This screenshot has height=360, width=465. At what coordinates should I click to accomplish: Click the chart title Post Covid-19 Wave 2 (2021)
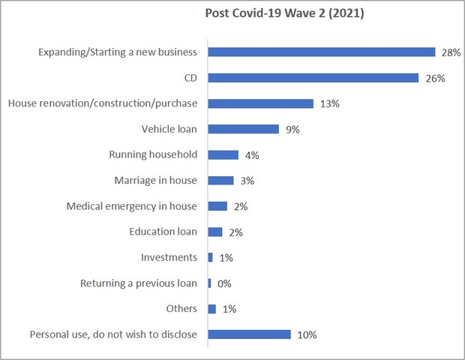[284, 14]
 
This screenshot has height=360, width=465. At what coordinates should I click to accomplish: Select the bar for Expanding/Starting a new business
[321, 52]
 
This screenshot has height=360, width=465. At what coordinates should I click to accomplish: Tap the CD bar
[313, 78]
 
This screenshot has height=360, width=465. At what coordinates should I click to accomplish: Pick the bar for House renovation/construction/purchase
[260, 103]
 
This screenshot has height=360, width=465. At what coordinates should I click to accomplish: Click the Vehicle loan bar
[243, 129]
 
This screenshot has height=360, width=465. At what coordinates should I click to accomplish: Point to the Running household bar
[223, 155]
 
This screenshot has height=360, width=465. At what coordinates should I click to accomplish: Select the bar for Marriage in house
[220, 181]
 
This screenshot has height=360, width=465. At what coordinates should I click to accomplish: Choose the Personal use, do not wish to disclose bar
[249, 334]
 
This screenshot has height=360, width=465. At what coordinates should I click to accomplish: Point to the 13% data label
[328, 103]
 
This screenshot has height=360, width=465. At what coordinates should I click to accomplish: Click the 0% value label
[223, 283]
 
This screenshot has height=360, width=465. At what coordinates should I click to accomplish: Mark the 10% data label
[307, 334]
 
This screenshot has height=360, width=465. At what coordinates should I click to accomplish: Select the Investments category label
[169, 257]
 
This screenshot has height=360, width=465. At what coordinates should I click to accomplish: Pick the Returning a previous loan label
[138, 283]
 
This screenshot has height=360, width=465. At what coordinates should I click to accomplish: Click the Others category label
[181, 309]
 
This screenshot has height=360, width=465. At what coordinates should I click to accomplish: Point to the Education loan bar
[214, 232]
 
